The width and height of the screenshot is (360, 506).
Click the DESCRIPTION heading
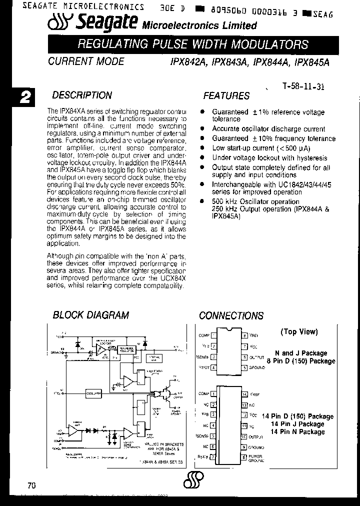point(82,95)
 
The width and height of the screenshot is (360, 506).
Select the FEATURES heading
point(226,95)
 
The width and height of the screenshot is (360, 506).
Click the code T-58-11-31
point(303,86)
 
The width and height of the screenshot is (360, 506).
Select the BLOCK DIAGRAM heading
point(91,315)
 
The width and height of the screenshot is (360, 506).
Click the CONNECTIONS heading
point(231,315)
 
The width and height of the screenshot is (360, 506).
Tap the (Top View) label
point(299,331)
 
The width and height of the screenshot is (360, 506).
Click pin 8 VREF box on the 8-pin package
point(244,335)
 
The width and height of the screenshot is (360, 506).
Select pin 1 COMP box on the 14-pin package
point(213,394)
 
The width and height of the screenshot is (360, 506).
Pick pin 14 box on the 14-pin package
point(244,394)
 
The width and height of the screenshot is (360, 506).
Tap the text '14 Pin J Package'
point(297,424)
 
